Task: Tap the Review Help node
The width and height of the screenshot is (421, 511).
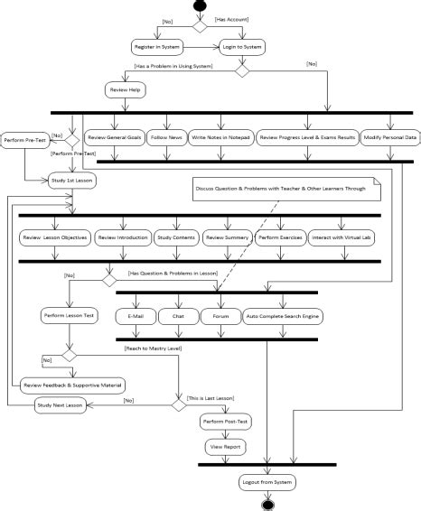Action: click(x=125, y=91)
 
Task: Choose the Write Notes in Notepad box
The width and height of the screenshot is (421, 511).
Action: click(x=220, y=137)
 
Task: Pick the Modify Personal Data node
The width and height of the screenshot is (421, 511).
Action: click(x=389, y=137)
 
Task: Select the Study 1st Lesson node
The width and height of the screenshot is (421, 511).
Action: click(x=70, y=181)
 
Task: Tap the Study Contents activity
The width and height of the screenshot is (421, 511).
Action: click(x=175, y=237)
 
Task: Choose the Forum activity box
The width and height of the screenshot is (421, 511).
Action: click(x=220, y=317)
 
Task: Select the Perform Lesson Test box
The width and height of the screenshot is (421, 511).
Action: click(x=70, y=316)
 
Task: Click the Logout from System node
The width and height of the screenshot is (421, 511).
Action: click(x=267, y=484)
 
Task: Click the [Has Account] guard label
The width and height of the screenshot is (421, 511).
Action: click(x=231, y=18)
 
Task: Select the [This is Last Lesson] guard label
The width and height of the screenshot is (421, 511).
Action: click(x=210, y=397)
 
